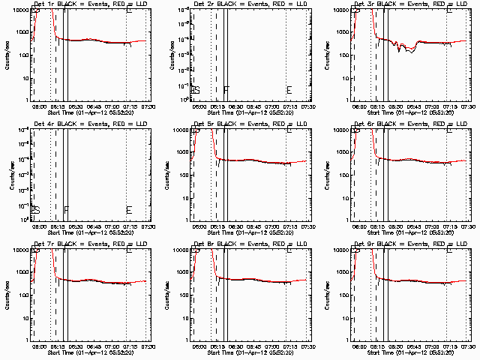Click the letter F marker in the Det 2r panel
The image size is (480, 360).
pyautogui.click(x=226, y=89)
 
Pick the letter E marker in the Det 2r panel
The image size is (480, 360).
pyautogui.click(x=289, y=91)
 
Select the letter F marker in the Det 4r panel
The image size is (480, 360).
pyautogui.click(x=66, y=209)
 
